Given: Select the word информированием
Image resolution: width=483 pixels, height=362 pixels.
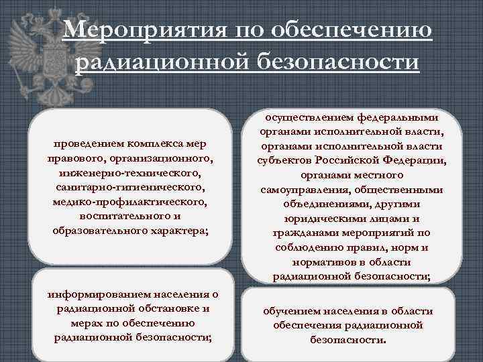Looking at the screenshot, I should tap(91, 294).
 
